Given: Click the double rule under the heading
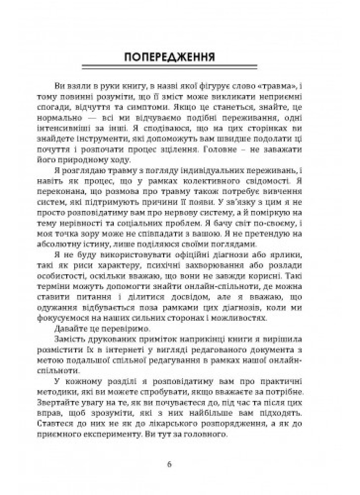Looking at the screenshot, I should pos(180,68).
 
